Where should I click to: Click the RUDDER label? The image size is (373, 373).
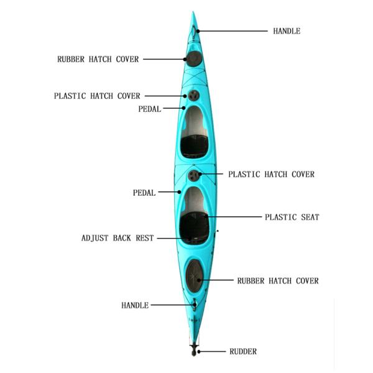pyautogui.click(x=242, y=352)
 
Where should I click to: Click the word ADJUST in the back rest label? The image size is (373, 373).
pyautogui.click(x=97, y=238)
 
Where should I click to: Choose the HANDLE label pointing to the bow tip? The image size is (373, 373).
pyautogui.click(x=287, y=31)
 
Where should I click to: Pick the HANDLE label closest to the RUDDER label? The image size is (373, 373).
pyautogui.click(x=135, y=305)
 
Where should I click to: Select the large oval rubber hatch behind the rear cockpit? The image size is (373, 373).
pyautogui.click(x=195, y=272)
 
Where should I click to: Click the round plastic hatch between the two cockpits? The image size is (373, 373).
pyautogui.click(x=195, y=176)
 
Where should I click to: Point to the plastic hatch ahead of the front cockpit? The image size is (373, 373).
pyautogui.click(x=194, y=95)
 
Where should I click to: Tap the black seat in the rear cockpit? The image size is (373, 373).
pyautogui.click(x=195, y=224)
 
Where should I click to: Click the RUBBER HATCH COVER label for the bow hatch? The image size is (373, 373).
pyautogui.click(x=98, y=60)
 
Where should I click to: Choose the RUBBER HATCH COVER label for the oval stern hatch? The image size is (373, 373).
pyautogui.click(x=278, y=281)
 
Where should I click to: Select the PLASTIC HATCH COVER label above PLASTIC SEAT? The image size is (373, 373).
pyautogui.click(x=272, y=175)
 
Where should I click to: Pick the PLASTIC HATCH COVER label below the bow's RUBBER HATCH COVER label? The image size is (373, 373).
pyautogui.click(x=97, y=96)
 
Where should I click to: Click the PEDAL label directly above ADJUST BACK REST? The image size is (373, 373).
pyautogui.click(x=144, y=193)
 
